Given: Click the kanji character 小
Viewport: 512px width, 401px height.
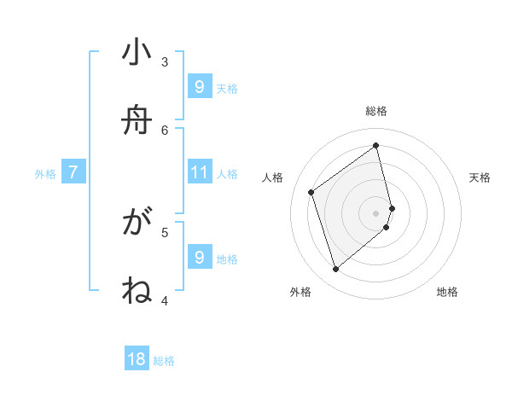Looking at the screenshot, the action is [x=137, y=54].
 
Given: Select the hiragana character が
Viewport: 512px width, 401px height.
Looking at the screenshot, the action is [x=137, y=224].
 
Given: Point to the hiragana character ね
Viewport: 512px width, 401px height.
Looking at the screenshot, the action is [x=137, y=291].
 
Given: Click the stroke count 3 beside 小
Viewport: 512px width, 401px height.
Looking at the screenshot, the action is [x=165, y=61].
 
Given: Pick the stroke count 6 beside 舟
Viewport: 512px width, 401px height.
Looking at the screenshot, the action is [x=165, y=130].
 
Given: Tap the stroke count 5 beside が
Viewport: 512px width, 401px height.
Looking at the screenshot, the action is [x=165, y=231].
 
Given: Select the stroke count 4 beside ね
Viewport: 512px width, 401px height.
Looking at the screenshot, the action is [x=165, y=299].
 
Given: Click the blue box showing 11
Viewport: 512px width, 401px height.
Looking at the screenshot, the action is [x=200, y=173].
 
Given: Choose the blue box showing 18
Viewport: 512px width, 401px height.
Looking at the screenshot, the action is [x=137, y=360].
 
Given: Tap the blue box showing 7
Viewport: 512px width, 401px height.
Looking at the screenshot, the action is [x=73, y=173].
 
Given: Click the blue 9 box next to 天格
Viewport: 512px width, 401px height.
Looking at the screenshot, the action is [x=200, y=87].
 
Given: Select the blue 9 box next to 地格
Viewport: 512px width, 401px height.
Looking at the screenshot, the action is [x=200, y=258].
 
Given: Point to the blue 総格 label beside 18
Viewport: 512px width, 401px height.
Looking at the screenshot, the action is [x=164, y=361].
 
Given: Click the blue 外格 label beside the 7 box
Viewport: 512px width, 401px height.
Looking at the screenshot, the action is [x=45, y=174].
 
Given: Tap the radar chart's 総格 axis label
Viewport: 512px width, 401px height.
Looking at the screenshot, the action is [x=376, y=111].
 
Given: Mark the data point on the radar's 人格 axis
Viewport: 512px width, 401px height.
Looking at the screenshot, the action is [x=311, y=192].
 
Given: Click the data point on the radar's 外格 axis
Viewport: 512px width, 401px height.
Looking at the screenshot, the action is [x=335, y=270].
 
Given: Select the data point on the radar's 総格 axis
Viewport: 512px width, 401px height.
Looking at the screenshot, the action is [x=376, y=146].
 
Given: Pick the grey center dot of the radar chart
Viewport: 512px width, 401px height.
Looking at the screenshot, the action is [x=376, y=212].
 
